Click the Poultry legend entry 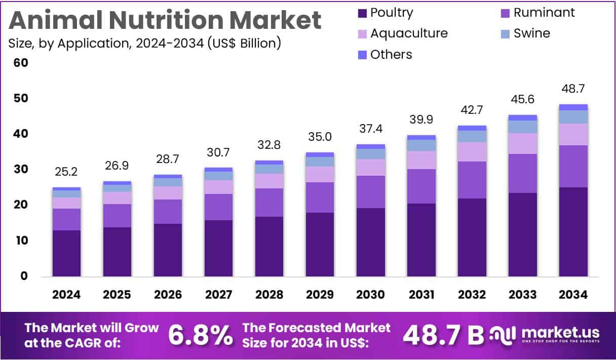click(385, 13)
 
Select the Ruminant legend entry click(537, 13)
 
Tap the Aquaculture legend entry click(402, 33)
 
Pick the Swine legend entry click(525, 33)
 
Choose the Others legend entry click(384, 54)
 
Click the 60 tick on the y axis click(21, 63)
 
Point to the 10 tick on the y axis click(21, 241)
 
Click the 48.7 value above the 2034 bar click(573, 90)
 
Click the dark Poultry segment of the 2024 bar click(66, 253)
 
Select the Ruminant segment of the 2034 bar click(573, 166)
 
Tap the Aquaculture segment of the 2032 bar click(472, 151)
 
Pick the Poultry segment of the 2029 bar click(320, 245)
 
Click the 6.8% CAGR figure click(201, 335)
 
